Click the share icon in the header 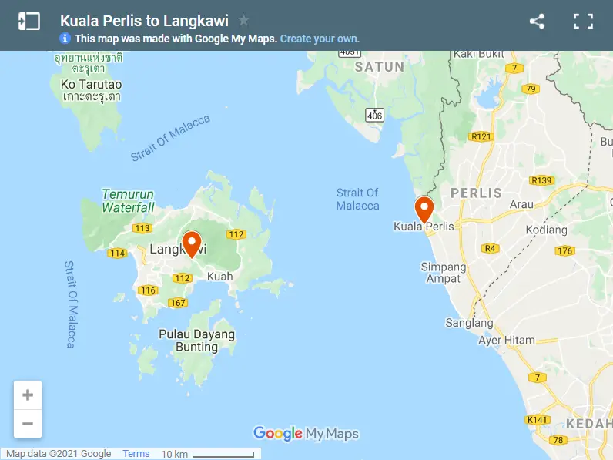538,22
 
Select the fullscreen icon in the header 583,22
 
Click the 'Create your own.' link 320,39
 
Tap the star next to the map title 244,21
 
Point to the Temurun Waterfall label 128,201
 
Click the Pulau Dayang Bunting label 196,341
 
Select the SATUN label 379,67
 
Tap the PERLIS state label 476,193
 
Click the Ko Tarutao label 92,84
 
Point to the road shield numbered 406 374,116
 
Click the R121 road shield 481,136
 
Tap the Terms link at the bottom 136,454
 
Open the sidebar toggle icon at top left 28,21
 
